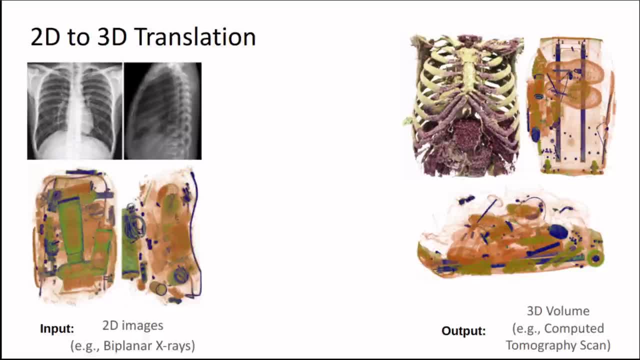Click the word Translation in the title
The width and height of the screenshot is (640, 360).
click(195, 37)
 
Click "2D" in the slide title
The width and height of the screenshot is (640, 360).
click(45, 37)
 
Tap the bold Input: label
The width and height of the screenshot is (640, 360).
click(57, 328)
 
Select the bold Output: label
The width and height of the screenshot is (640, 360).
click(463, 331)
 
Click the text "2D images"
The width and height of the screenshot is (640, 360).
click(133, 325)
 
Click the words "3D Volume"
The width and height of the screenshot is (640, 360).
click(558, 311)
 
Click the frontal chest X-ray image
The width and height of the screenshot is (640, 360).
click(75, 111)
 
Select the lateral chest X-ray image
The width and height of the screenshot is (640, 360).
click(162, 111)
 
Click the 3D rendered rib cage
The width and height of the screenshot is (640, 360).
click(464, 105)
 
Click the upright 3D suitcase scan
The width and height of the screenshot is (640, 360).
click(571, 105)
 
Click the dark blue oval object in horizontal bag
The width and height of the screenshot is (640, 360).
click(558, 231)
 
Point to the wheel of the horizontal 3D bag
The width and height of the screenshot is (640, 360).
click(595, 258)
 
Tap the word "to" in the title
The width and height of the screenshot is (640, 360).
click(78, 38)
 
